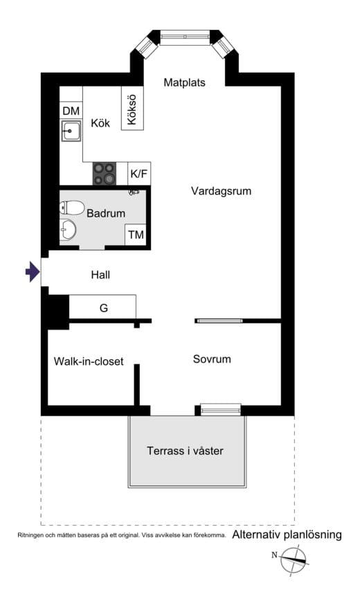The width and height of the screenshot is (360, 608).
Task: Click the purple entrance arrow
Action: [x=32, y=271]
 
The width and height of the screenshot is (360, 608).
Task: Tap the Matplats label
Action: [x=184, y=82]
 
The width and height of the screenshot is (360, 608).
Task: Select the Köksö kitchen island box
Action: [x=132, y=107]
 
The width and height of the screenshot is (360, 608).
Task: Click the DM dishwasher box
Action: [x=71, y=111]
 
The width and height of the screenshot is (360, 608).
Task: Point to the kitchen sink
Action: [x=71, y=130]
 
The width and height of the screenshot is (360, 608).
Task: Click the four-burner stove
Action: [x=105, y=173]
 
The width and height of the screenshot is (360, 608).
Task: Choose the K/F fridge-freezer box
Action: [x=139, y=174]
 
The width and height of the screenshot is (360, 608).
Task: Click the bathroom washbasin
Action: [x=69, y=229]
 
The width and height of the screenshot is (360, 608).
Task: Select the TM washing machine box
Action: [x=136, y=235]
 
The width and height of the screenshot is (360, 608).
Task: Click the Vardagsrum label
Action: [x=221, y=191]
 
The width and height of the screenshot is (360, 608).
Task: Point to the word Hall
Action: [x=100, y=275]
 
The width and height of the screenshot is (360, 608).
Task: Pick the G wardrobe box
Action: [x=103, y=307]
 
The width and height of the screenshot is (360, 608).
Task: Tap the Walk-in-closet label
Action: [x=89, y=361]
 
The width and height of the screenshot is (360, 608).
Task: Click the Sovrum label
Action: [x=212, y=359]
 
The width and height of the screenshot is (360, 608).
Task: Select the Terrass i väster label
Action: [x=185, y=451]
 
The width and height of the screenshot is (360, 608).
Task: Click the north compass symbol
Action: [x=294, y=558]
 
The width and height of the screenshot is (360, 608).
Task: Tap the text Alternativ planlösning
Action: [x=287, y=535]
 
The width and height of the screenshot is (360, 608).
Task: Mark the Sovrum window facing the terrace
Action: [x=221, y=409]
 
